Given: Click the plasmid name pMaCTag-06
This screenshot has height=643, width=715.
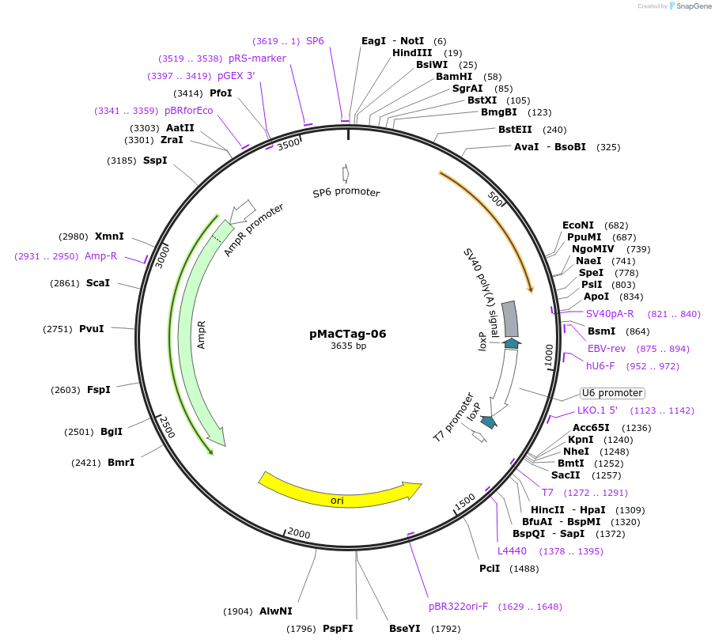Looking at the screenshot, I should tap(347, 334).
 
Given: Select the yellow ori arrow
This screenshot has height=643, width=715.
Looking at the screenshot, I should tap(340, 490).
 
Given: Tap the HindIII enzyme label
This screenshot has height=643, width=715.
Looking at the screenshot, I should tap(412, 53).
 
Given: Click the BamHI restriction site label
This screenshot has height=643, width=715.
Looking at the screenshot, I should tap(454, 77).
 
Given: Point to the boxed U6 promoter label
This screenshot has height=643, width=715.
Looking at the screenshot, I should tap(611, 393).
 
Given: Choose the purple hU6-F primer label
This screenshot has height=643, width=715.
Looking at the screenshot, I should tap(600, 366).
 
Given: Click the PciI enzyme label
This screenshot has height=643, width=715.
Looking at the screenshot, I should tap(490, 569).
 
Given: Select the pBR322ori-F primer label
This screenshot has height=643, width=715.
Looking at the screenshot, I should tap(458, 607).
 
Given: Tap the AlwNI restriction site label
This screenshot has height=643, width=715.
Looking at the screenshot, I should tap(276, 611).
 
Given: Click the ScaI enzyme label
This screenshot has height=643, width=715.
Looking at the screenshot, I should tap(98, 283).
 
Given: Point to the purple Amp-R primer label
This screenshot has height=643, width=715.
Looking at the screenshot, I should tap(100, 256).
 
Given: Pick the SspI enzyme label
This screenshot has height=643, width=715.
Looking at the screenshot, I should tap(155, 161).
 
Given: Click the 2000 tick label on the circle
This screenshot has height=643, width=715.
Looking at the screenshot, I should tap(299, 534).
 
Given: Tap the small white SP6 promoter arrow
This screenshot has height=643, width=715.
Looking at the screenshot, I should tap(346, 173).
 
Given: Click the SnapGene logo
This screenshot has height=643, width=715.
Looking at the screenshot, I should tap(690, 6).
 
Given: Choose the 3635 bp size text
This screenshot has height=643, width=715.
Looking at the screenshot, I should tap(348, 346).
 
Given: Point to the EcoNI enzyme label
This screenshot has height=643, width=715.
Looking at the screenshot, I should tap(578, 225).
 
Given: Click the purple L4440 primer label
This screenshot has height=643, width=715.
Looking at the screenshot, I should tap(512, 551).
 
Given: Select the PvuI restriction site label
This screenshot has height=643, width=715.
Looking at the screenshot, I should tap(92, 329).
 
